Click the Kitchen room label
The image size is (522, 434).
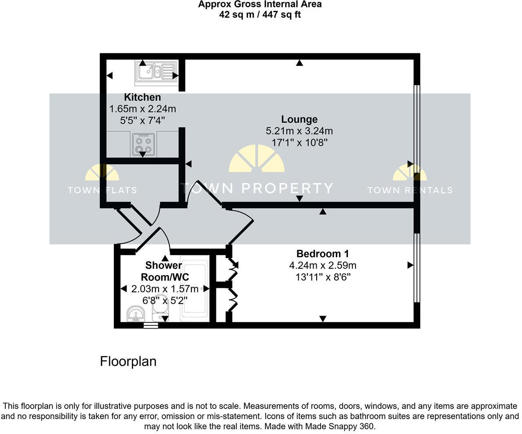coord(142,97)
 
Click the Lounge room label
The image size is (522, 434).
coord(299,119)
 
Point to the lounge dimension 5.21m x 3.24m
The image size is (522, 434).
coord(299,131)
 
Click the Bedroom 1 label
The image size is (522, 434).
coord(323,254)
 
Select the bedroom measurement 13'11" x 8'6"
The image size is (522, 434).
coord(323,277)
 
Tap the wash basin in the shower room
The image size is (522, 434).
coord(136,314)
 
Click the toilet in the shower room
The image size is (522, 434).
coord(160,308)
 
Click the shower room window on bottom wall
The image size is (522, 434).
coord(150,325)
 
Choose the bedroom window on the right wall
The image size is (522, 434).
coord(417,268)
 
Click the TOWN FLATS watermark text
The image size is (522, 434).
coord(102,190)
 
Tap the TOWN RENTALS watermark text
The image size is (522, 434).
coord(409,190)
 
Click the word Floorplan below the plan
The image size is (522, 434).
coord(128,361)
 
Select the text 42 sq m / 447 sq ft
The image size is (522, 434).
coord(260,14)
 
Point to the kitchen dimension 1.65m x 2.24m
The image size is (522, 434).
coord(142,109)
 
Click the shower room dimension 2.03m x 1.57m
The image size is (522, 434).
coord(165,289)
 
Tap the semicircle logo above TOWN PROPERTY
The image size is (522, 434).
coord(257,158)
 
